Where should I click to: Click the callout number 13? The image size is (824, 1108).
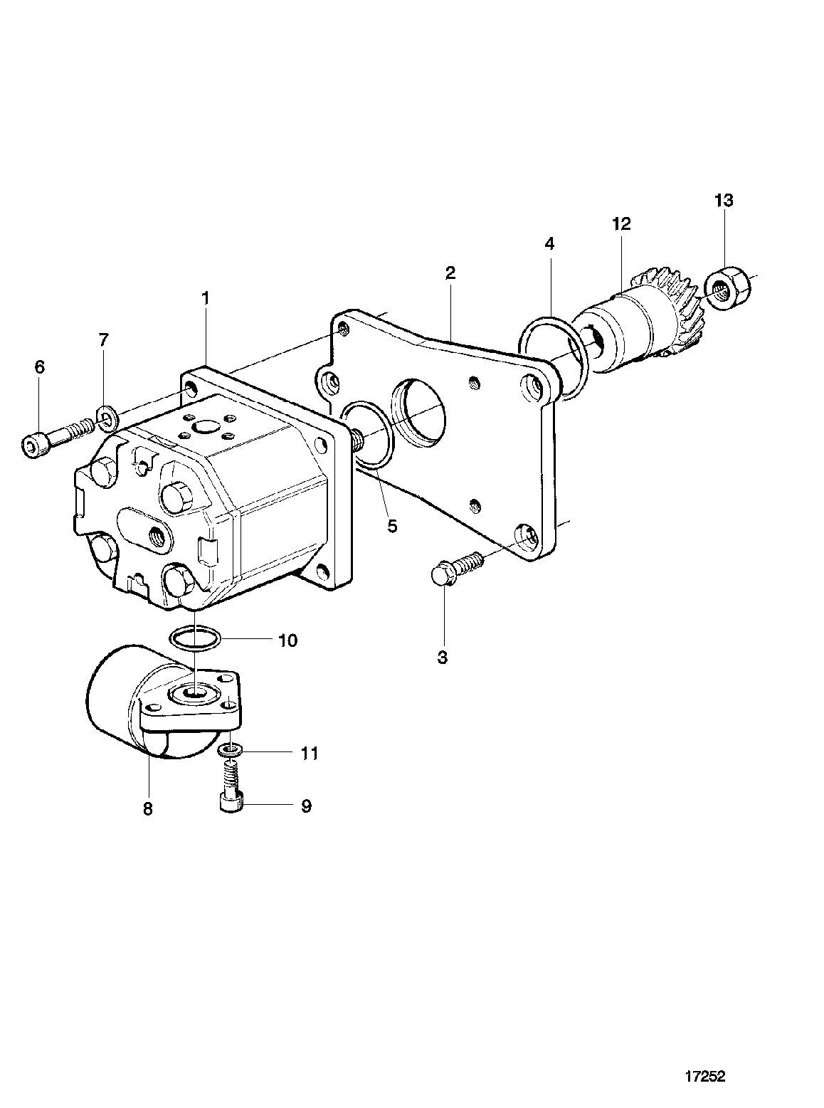724,201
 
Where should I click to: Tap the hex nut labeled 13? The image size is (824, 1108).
727,287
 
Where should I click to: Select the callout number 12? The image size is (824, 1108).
622,223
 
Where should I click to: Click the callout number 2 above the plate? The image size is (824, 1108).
450,273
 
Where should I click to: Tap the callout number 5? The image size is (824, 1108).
392,526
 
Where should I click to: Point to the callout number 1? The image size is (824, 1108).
205,298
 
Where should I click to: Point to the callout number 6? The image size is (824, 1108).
39,367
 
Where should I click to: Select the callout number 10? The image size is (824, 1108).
287,640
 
